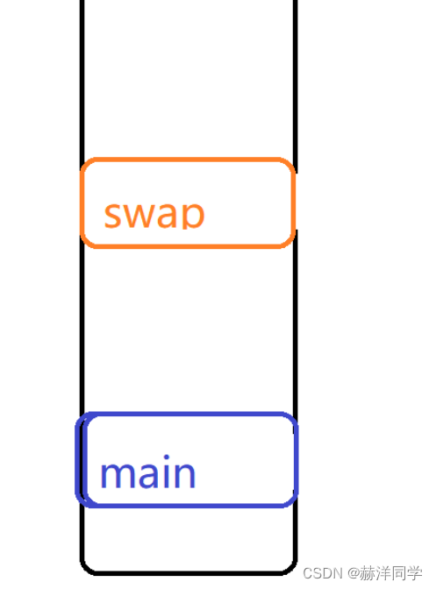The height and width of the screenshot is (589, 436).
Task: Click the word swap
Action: (x=154, y=215)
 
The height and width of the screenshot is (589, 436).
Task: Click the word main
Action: (x=147, y=472)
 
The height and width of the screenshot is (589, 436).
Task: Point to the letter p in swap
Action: (x=193, y=216)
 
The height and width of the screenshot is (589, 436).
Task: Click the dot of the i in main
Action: (x=166, y=458)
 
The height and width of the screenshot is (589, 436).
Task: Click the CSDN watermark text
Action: (x=323, y=573)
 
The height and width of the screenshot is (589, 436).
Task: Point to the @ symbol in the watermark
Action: (x=354, y=573)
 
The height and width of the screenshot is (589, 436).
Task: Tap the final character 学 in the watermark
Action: (x=414, y=573)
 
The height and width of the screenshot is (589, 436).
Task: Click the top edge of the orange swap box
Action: (x=187, y=160)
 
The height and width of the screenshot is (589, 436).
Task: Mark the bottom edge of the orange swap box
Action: (x=187, y=246)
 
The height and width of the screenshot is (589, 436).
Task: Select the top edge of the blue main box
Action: (x=187, y=414)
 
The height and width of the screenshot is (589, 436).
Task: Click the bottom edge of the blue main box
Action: (x=187, y=506)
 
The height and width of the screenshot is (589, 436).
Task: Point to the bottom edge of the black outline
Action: (x=189, y=573)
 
